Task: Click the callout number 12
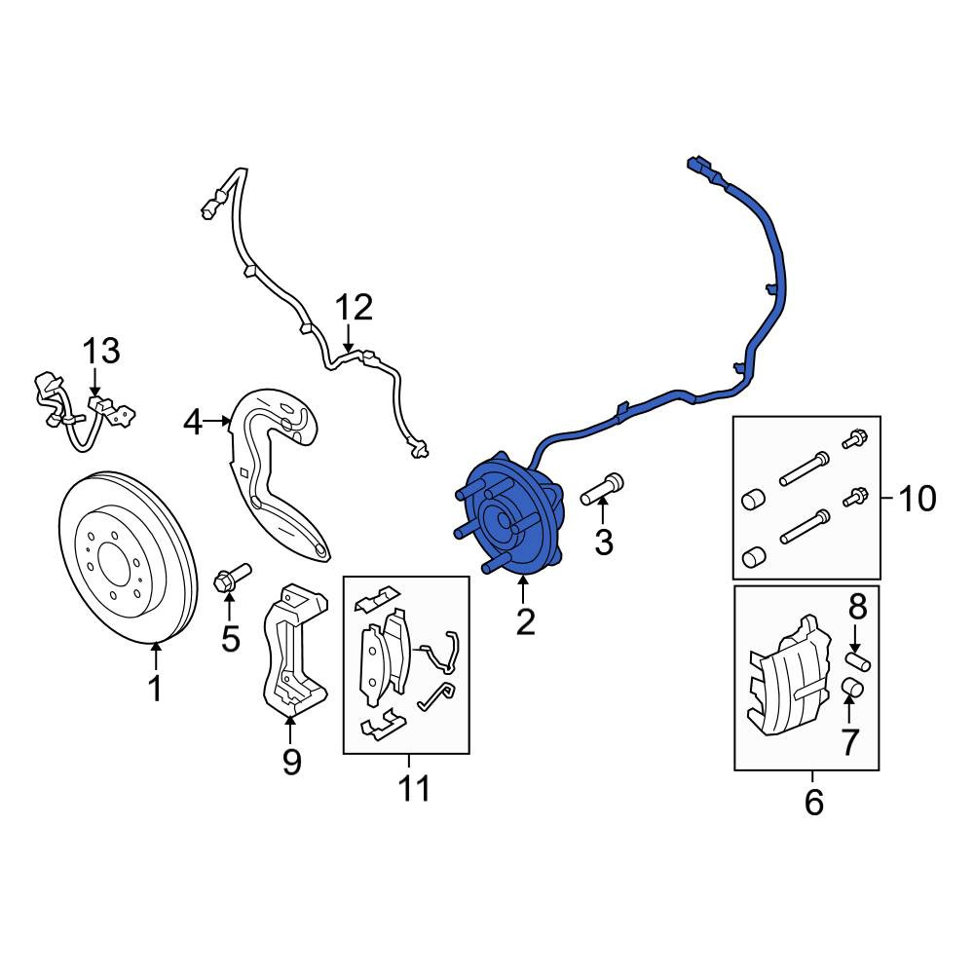pos(355,308)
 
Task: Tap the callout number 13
pos(102,351)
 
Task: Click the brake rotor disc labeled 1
pos(129,556)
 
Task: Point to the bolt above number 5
pos(232,577)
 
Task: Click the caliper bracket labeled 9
pos(293,650)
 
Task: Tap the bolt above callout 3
pos(602,489)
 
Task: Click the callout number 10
pos(918,498)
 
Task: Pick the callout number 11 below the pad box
pos(414,789)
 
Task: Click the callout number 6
pos(813,802)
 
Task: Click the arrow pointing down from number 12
pos(349,338)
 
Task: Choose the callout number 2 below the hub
pos(526,621)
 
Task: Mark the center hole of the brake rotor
pos(111,555)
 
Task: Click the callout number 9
pos(291,762)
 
